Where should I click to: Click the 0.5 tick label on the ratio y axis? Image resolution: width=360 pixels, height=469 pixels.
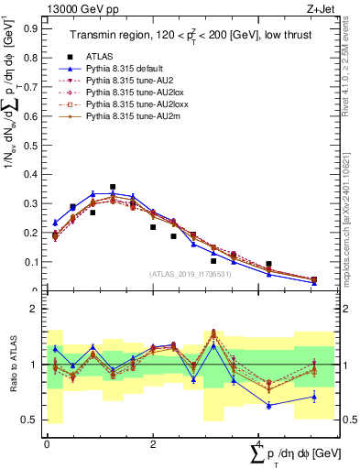31,420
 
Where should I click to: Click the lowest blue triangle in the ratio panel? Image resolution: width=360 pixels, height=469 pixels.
269,404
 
